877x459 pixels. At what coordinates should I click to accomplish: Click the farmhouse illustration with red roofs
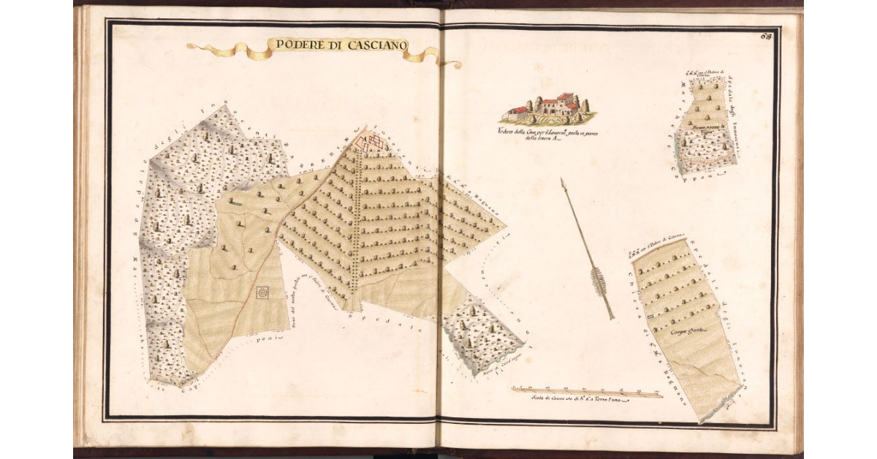click(x=548, y=108)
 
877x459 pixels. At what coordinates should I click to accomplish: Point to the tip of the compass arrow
click(x=563, y=180)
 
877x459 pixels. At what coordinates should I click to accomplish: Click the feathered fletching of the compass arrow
click(x=601, y=283)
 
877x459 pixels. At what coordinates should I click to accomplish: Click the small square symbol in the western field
click(x=262, y=292)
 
